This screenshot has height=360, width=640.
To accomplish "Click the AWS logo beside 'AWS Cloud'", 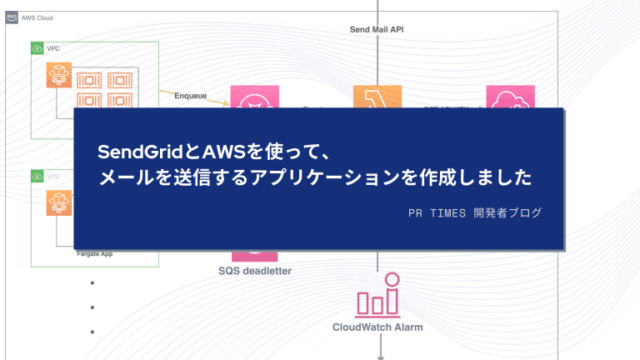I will click(12, 17).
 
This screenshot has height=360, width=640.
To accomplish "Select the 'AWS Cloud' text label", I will click(35, 17).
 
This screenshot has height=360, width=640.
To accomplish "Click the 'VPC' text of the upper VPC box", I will click(53, 49).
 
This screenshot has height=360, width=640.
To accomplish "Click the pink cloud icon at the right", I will click(504, 97).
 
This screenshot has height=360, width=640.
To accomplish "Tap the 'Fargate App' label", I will click(94, 252).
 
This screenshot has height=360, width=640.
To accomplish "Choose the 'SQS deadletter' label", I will click(255, 270).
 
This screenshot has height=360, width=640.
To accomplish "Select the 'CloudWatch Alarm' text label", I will click(377, 327).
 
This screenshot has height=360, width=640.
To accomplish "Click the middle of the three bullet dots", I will click(92, 307).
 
